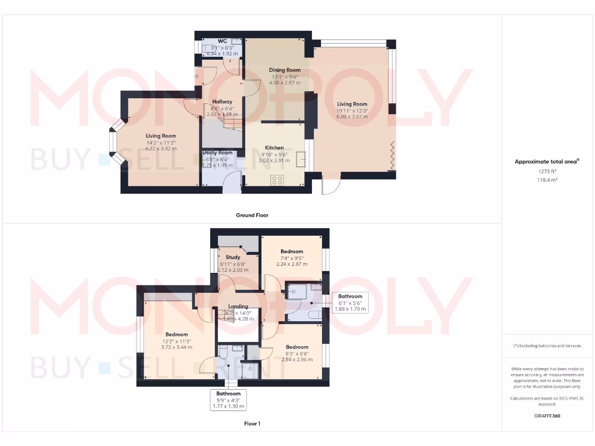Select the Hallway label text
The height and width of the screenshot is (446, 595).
pos(221,102)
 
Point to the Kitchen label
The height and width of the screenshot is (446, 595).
pos(274,147)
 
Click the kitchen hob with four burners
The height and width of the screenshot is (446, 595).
pos(277,180)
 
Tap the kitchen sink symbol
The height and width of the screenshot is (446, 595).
pos(302,159)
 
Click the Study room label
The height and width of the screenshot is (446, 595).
pos(233,257)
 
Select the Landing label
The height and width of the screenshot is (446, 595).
pos(238,307)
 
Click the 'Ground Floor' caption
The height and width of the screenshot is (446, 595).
pos(252,215)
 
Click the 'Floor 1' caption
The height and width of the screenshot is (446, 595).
pos(252,423)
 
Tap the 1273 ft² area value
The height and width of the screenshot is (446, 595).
pos(547,172)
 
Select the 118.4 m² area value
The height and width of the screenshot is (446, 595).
pos(547,180)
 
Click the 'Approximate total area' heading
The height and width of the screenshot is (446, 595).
pos(547,162)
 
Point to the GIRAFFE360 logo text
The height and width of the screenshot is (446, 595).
pos(547,416)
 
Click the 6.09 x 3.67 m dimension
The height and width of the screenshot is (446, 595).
pos(352,116)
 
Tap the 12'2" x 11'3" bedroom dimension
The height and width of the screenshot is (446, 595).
pos(177,341)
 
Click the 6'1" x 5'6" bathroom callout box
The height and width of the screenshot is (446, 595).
pos(350,303)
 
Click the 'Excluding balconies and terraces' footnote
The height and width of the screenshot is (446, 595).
pos(547,346)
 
